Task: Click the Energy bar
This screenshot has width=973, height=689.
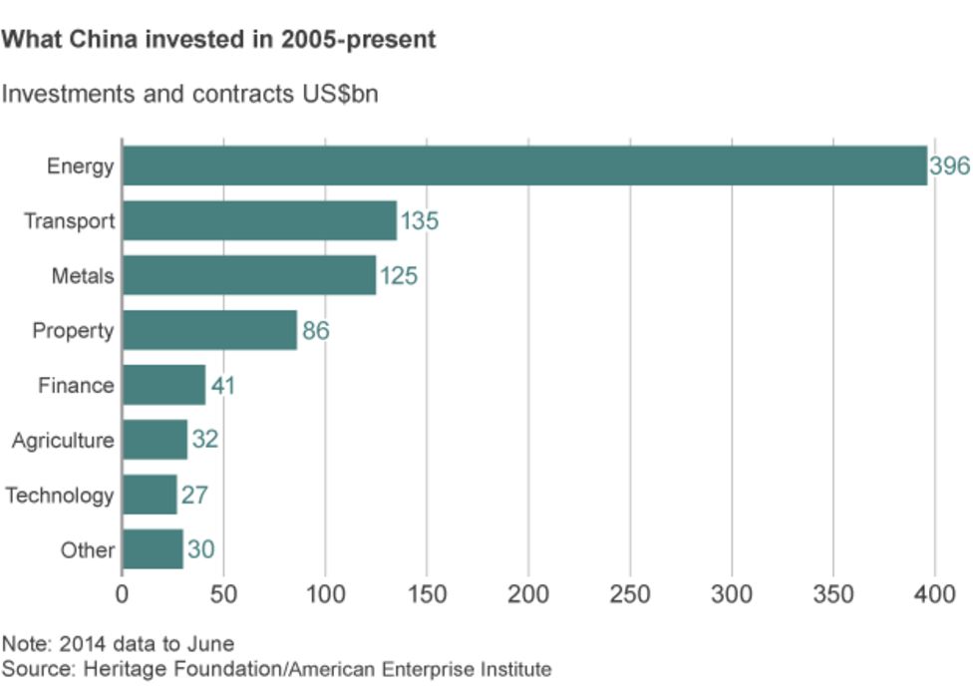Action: pyautogui.click(x=524, y=166)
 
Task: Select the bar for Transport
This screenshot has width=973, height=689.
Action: pyautogui.click(x=259, y=220)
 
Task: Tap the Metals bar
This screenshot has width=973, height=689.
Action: pyautogui.click(x=249, y=275)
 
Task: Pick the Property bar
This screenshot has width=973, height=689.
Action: pyautogui.click(x=209, y=330)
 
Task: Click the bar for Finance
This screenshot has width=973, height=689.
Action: pyautogui.click(x=163, y=385)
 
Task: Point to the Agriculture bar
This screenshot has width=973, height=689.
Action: pyautogui.click(x=155, y=440)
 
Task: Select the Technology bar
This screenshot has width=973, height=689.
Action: pyautogui.click(x=150, y=495)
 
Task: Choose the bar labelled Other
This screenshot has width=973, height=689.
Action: pyautogui.click(x=153, y=549)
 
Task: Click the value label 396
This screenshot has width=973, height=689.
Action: pyautogui.click(x=949, y=167)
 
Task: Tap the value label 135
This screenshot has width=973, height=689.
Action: pyautogui.click(x=419, y=221)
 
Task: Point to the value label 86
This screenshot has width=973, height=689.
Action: pyautogui.click(x=315, y=331)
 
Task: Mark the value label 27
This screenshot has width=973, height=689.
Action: pyautogui.click(x=194, y=496)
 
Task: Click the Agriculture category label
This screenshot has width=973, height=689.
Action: pyautogui.click(x=63, y=441)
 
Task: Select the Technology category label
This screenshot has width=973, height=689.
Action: pyautogui.click(x=60, y=496)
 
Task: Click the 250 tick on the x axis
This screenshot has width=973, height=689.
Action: pyautogui.click(x=630, y=595)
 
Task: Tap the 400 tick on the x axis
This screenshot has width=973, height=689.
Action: pyautogui.click(x=935, y=595)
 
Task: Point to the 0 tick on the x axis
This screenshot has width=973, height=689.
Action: pyautogui.click(x=122, y=595)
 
